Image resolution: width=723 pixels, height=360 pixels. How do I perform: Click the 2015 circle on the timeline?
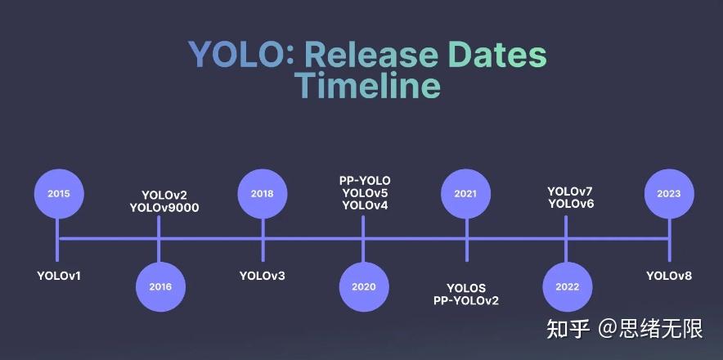tap(58, 194)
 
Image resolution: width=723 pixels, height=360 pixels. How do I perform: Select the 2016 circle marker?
tap(160, 287)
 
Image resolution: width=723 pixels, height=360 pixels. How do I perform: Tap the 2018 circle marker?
tap(262, 194)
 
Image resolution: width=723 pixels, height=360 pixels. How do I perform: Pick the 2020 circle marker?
tap(364, 287)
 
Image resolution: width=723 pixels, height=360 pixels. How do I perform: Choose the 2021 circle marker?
tap(465, 194)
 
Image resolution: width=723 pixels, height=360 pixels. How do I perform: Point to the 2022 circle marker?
tap(567, 287)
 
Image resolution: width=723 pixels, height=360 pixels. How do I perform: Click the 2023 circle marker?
tap(669, 194)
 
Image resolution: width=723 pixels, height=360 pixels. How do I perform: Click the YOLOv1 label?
tap(59, 276)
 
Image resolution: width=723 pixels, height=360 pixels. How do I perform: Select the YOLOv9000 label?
tap(164, 208)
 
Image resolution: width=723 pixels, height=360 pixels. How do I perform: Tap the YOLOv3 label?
tap(262, 276)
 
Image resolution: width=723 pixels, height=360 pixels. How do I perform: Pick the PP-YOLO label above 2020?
tap(365, 181)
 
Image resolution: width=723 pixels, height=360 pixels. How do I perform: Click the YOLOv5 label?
tap(365, 193)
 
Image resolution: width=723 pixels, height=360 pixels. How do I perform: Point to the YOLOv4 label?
tap(365, 205)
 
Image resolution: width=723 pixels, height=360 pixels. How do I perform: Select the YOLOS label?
tap(466, 288)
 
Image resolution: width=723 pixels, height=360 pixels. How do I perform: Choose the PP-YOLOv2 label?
tap(466, 300)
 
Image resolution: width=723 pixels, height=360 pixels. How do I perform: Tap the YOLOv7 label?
tap(570, 191)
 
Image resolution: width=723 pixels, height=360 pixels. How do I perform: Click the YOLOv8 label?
tap(669, 276)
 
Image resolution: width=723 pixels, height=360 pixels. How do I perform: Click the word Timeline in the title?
tap(367, 85)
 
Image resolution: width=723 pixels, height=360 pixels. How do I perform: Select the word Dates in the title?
tap(496, 54)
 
